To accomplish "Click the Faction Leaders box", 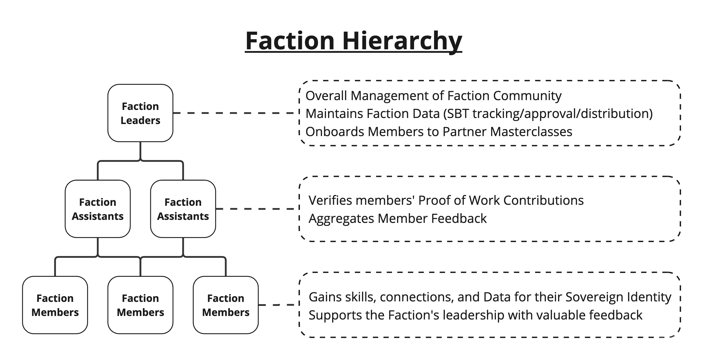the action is point(140,113).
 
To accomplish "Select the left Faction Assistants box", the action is point(98,209).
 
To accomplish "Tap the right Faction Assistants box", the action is point(183,209).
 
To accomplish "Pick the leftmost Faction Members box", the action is point(55,305).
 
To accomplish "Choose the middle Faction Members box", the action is point(140,305).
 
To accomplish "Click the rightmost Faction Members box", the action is point(226,305).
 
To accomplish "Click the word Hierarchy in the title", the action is point(402,41).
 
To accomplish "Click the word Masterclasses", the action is point(531,132).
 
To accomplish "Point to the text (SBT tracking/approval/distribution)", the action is point(548,114).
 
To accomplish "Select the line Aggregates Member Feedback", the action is point(398,219).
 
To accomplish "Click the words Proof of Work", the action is point(459,200).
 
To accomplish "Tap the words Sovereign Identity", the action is point(618,297).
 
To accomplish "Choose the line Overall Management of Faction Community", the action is point(433,96).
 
